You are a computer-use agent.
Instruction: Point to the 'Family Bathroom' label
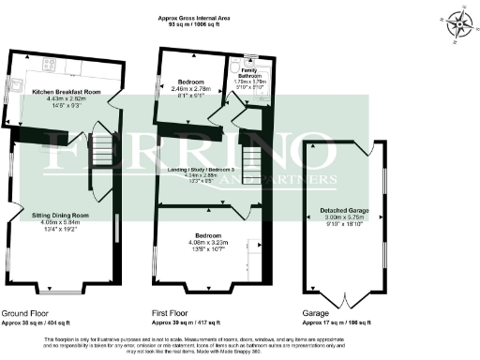(x=250, y=72)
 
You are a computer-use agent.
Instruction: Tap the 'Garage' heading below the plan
(x=316, y=314)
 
